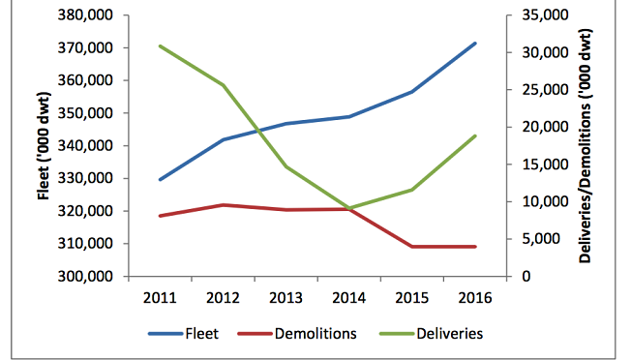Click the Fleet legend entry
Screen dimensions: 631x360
click(184, 334)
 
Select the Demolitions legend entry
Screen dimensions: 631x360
click(297, 334)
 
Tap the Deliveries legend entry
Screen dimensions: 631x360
click(432, 334)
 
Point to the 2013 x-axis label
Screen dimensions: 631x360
click(285, 298)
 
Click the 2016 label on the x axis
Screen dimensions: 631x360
click(475, 298)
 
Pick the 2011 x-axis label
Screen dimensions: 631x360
click(160, 298)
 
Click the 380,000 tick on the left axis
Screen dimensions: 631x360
click(85, 15)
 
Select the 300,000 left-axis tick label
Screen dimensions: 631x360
click(85, 277)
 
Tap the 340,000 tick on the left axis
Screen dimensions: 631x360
click(85, 145)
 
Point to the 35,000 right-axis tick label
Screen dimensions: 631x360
click(545, 15)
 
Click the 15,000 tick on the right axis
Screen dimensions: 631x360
click(545, 165)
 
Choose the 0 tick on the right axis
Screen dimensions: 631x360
click(526, 277)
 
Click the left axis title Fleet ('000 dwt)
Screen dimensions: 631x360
click(44, 145)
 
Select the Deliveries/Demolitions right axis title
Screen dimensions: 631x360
click(585, 145)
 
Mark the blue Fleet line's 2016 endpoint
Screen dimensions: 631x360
click(475, 44)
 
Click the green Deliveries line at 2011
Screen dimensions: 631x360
click(160, 46)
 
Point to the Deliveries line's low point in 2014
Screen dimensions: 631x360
click(349, 208)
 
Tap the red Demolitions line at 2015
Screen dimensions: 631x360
click(412, 247)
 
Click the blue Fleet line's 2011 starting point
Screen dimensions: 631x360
click(160, 179)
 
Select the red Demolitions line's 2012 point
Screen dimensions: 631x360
click(223, 205)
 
